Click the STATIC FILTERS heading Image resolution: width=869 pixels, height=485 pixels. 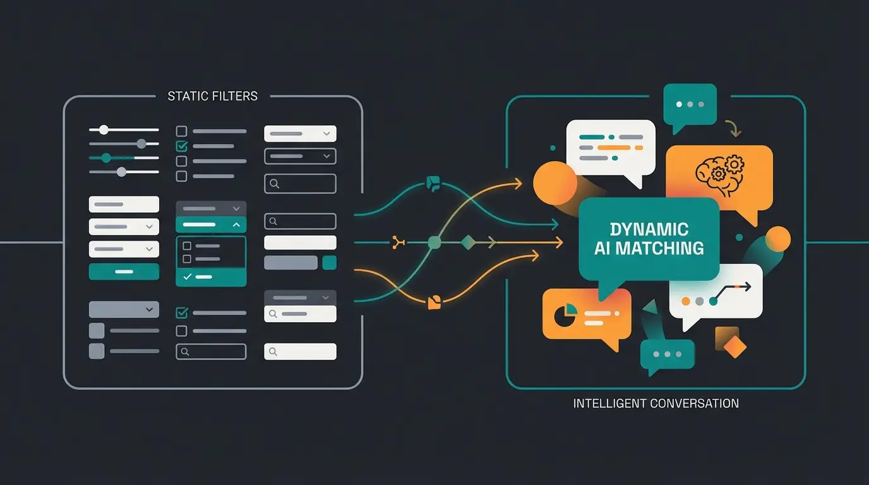[x=212, y=97]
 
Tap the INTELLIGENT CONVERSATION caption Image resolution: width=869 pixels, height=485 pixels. [x=656, y=403]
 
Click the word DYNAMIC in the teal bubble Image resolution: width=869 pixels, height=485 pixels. [x=649, y=229]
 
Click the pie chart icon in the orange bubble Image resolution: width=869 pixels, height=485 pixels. [x=565, y=314]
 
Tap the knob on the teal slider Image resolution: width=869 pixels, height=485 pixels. [x=106, y=158]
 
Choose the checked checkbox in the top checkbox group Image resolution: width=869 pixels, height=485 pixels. [x=182, y=146]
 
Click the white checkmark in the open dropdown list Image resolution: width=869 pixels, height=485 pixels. [x=187, y=277]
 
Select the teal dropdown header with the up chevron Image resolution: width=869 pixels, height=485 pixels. [x=210, y=224]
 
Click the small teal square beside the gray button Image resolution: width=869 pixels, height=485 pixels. [x=329, y=263]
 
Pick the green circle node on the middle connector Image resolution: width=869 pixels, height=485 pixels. [x=434, y=242]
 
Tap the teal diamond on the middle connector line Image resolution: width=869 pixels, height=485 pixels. [x=468, y=242]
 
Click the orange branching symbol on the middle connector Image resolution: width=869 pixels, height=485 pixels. [x=397, y=241]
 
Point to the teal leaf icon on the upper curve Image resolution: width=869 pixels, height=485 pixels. [x=434, y=183]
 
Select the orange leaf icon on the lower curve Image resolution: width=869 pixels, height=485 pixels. [x=434, y=302]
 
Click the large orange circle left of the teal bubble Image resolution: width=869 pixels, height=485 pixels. [x=555, y=183]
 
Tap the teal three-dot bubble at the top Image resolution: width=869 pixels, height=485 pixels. [x=689, y=105]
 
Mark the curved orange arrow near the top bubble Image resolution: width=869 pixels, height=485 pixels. [x=733, y=128]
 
